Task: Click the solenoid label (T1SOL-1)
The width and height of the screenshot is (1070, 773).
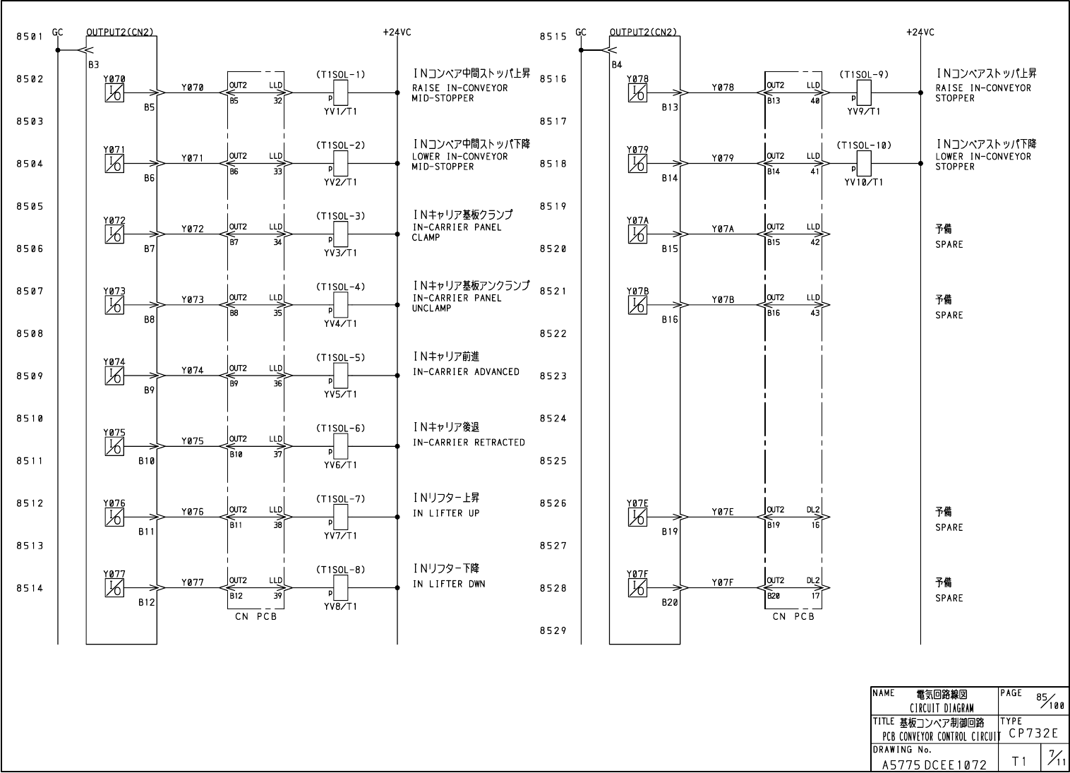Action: click(x=340, y=75)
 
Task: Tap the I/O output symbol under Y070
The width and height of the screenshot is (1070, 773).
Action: click(x=114, y=92)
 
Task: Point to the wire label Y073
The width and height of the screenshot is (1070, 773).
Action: click(x=192, y=300)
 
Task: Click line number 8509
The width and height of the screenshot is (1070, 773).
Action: click(x=30, y=376)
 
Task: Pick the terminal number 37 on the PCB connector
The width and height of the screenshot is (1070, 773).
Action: click(x=277, y=455)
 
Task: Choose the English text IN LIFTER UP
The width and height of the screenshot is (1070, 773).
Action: click(x=446, y=513)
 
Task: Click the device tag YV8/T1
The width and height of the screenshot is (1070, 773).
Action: click(x=340, y=606)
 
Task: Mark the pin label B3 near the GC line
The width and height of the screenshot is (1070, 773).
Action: click(x=94, y=64)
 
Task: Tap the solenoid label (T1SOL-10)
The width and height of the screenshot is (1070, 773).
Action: click(x=864, y=145)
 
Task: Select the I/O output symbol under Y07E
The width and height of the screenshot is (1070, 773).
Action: click(x=637, y=517)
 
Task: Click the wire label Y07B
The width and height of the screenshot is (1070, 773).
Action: click(x=722, y=300)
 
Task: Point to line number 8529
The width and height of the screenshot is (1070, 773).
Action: click(x=553, y=631)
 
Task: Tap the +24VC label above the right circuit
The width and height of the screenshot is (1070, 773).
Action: click(x=920, y=32)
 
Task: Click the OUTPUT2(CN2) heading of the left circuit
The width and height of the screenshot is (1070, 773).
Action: click(x=120, y=32)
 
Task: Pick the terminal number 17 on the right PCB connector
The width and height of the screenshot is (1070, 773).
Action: click(x=815, y=596)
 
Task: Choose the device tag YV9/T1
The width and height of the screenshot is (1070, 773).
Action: click(x=864, y=112)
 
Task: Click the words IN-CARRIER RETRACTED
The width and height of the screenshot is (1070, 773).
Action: click(x=469, y=443)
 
